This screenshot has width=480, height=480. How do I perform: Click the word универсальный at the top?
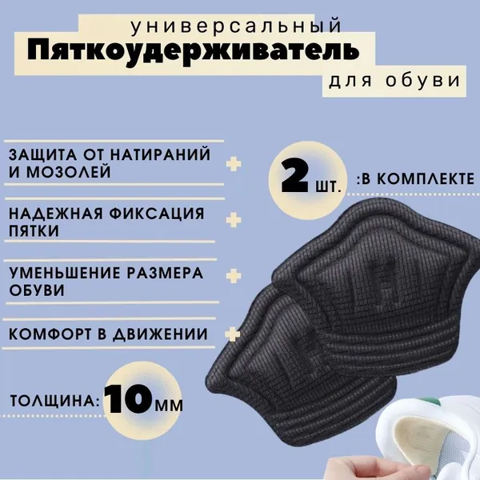pos(236,26)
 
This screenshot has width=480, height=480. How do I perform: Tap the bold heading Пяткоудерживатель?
pos(193,52)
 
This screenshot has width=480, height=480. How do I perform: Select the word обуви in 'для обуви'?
pos(422,80)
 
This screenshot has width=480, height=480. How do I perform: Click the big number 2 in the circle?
pos(294,176)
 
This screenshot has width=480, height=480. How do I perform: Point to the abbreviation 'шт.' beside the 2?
pos(328,186)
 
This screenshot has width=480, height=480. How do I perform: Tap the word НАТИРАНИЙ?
pos(160,154)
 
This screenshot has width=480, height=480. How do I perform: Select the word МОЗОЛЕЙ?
pos(68,172)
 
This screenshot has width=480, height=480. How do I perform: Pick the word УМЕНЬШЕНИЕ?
pos(64,273)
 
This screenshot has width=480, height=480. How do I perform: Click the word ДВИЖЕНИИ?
pos(160,334)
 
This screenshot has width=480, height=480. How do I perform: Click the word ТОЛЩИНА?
pos(54,401)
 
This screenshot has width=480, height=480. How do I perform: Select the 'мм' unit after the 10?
pos(169,405)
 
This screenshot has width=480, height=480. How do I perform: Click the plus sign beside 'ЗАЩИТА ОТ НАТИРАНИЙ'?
pos(234,164)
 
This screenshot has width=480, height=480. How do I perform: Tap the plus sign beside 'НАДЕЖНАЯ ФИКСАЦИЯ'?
pos(234,220)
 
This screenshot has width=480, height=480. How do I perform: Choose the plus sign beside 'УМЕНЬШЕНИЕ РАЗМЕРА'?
pos(234,276)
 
